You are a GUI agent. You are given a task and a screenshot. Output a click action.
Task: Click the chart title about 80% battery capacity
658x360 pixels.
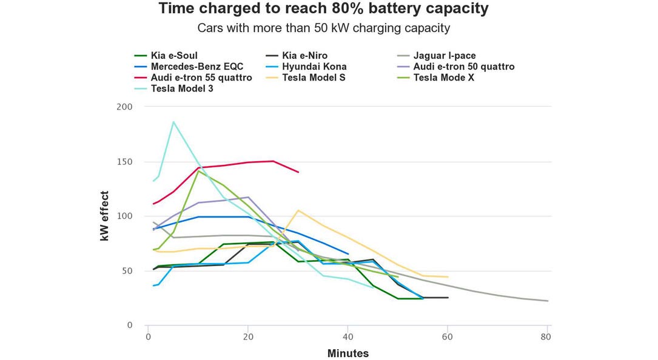coord(323,9)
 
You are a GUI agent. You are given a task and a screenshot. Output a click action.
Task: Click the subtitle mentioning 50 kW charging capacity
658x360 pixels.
coord(323,28)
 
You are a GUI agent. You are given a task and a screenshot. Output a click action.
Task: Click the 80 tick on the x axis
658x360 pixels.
coord(547,337)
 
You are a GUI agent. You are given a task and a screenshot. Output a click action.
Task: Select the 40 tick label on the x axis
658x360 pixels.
coord(347,337)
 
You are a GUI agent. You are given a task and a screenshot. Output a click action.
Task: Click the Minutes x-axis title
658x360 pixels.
coord(347,353)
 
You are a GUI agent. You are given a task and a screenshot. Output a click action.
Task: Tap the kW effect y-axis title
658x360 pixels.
coord(105,216)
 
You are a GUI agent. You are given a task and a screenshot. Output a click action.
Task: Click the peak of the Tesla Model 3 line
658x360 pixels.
coord(173,122)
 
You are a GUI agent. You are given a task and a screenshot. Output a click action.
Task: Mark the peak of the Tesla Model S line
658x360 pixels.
coord(298,210)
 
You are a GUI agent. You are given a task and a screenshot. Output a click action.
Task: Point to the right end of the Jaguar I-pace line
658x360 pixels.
coord(548,301)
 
